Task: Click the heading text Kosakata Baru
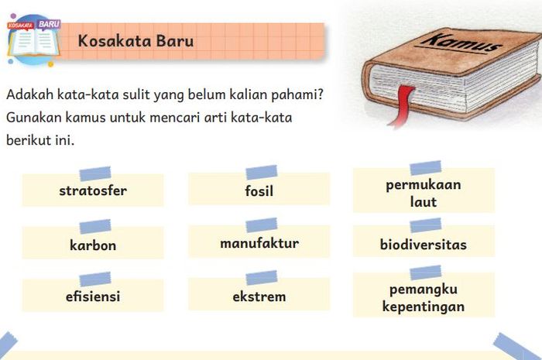pyautogui.click(x=135, y=41)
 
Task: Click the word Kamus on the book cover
pyautogui.click(x=461, y=43)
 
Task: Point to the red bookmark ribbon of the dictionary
pyautogui.click(x=402, y=105)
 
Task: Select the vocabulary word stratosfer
pyautogui.click(x=93, y=190)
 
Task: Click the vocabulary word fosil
pyautogui.click(x=259, y=190)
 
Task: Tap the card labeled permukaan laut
pyautogui.click(x=424, y=190)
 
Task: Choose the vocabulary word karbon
pyautogui.click(x=93, y=245)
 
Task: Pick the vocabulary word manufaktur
pyautogui.click(x=259, y=243)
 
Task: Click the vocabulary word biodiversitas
pyautogui.click(x=424, y=245)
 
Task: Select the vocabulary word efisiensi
pyautogui.click(x=93, y=296)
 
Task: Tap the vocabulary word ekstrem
pyautogui.click(x=259, y=297)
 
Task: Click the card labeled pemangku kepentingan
pyautogui.click(x=424, y=295)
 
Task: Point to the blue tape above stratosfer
pyautogui.click(x=95, y=173)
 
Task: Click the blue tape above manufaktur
pyautogui.click(x=262, y=225)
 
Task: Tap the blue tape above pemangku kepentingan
pyautogui.click(x=426, y=273)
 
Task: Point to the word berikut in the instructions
pyautogui.click(x=29, y=140)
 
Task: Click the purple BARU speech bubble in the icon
pyautogui.click(x=49, y=25)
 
